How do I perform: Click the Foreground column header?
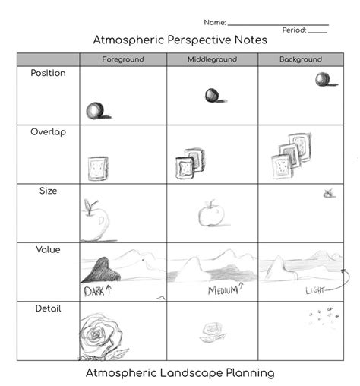122,59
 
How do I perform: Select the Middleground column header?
212,59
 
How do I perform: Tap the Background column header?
300,59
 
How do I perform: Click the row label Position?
48,74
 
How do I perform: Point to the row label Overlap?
48,132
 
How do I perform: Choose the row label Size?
48,191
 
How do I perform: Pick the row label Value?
48,249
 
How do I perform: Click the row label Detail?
48,308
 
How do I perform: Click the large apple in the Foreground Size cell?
95,220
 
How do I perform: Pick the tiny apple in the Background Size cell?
328,194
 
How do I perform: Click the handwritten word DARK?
96,289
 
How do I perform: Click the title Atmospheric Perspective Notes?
179,40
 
